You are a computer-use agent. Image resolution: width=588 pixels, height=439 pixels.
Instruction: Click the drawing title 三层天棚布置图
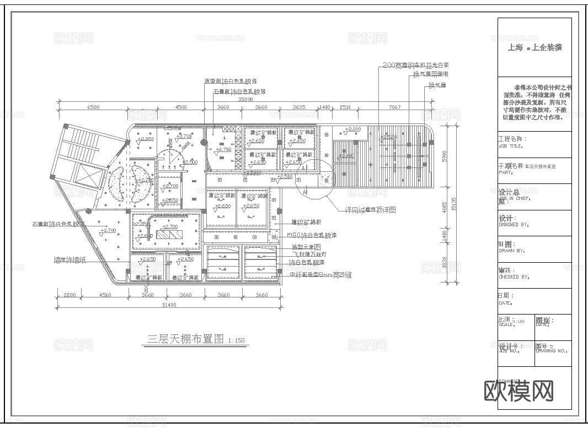[x=185, y=338]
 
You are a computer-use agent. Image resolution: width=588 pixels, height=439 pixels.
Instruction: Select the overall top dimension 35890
[x=245, y=100]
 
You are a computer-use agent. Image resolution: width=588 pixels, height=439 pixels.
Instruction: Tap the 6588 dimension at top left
[x=92, y=107]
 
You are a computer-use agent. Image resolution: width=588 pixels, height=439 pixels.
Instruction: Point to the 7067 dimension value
[x=394, y=107]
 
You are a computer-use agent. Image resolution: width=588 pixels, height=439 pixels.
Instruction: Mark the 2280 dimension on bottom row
[x=70, y=295]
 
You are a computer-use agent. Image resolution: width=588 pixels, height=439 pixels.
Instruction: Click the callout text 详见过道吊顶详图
[x=372, y=210]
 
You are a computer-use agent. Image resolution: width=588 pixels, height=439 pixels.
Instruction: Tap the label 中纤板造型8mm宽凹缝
[x=321, y=274]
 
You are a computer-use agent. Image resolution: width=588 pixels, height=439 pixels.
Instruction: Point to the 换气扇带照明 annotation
[x=431, y=74]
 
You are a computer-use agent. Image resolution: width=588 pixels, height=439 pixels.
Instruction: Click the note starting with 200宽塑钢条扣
[x=415, y=65]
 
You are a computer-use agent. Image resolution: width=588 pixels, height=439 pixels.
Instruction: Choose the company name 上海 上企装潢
[x=534, y=48]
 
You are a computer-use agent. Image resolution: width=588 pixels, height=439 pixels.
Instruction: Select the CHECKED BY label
[x=514, y=277]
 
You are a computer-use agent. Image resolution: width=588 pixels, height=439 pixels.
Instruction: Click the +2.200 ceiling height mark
[x=352, y=129]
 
